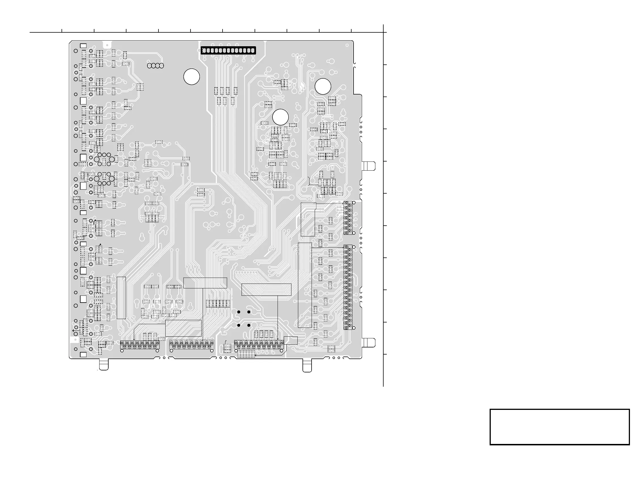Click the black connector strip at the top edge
point(228,51)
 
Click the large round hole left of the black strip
point(192,77)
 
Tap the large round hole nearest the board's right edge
point(323,86)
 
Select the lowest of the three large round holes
point(280,117)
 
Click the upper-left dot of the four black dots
point(239,312)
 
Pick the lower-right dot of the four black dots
point(249,325)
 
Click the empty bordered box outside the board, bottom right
point(559,427)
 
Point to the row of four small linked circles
point(155,66)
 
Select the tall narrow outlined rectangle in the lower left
point(121,298)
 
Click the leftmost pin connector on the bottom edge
point(140,345)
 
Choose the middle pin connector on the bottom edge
point(192,345)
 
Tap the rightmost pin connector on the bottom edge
point(259,345)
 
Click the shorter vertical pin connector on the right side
point(348,218)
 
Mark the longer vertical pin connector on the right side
point(348,287)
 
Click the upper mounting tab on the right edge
point(369,166)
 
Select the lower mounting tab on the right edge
point(369,343)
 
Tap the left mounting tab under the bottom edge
point(104,364)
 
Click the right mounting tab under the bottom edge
point(307,365)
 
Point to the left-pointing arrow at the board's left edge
point(74,330)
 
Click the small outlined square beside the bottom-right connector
point(290,341)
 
